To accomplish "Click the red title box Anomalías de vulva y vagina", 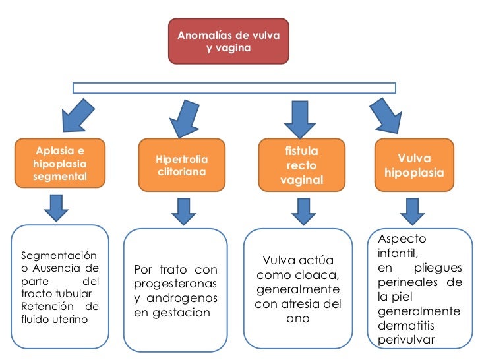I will pos(228,41).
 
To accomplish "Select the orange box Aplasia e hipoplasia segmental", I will pos(60,162).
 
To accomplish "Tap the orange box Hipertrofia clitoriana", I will pos(181,165).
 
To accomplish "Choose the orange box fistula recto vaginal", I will pos(302,165).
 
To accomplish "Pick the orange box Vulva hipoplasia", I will pos(414,165).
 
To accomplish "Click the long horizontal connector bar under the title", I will pos(234,88).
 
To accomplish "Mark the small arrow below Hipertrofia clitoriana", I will pos(183,210).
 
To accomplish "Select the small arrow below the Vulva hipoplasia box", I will pos(413,210).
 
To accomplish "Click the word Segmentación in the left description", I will pos(59,256).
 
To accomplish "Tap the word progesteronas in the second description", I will pos(175,284).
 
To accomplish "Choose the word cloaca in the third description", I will pos(322,275).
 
